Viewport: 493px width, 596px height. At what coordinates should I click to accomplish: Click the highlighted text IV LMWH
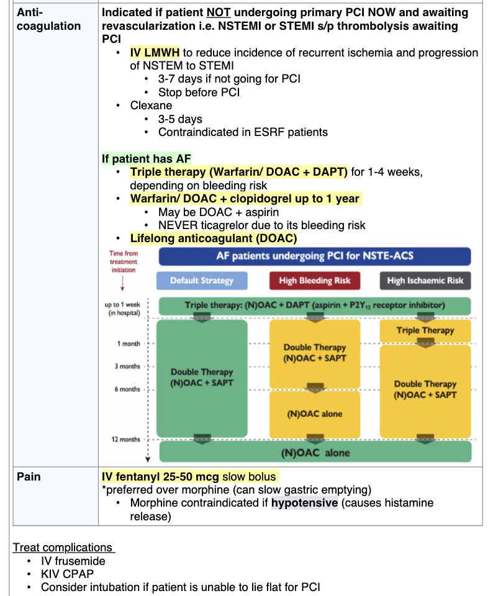(155, 53)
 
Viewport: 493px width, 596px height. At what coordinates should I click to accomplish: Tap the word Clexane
(151, 106)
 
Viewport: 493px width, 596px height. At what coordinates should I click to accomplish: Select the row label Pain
(29, 477)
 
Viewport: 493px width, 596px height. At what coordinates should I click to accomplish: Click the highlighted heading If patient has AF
(147, 158)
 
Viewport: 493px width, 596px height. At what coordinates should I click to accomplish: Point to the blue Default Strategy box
(202, 281)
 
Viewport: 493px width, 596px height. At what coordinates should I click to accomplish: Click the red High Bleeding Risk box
(315, 281)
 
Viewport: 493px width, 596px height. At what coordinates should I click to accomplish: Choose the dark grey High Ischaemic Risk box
(425, 281)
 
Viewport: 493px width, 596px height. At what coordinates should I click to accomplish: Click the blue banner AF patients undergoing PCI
(315, 256)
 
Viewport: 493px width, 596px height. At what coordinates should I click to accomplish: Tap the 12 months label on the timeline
(126, 440)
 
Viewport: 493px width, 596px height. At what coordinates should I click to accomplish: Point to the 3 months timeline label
(127, 366)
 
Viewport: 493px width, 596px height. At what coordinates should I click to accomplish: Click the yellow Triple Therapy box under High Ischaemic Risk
(425, 331)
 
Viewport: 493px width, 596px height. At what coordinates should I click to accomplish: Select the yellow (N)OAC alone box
(315, 414)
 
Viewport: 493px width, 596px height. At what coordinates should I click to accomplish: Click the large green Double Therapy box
(202, 377)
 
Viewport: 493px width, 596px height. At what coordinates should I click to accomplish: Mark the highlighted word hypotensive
(304, 502)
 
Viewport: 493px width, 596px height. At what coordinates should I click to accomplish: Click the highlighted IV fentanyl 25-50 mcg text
(189, 477)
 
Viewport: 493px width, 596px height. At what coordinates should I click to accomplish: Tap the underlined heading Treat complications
(63, 548)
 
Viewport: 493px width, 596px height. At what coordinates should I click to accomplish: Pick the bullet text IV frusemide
(73, 561)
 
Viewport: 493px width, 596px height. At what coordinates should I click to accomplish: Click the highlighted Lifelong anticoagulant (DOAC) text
(214, 238)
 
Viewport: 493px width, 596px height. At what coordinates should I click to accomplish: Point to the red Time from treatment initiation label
(124, 261)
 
